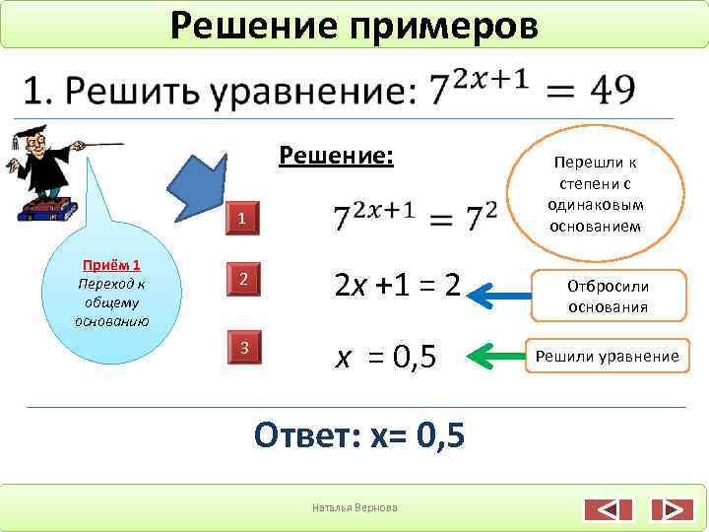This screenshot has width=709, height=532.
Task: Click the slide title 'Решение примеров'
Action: pyautogui.click(x=354, y=25)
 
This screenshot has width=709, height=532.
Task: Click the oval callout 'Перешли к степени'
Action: pyautogui.click(x=597, y=192)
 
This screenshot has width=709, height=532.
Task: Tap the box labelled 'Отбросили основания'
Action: pyautogui.click(x=607, y=296)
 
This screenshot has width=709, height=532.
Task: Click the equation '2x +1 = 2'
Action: pyautogui.click(x=398, y=287)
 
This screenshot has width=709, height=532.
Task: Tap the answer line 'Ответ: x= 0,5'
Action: pyautogui.click(x=358, y=434)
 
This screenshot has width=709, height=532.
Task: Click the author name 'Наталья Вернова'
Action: pyautogui.click(x=354, y=507)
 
